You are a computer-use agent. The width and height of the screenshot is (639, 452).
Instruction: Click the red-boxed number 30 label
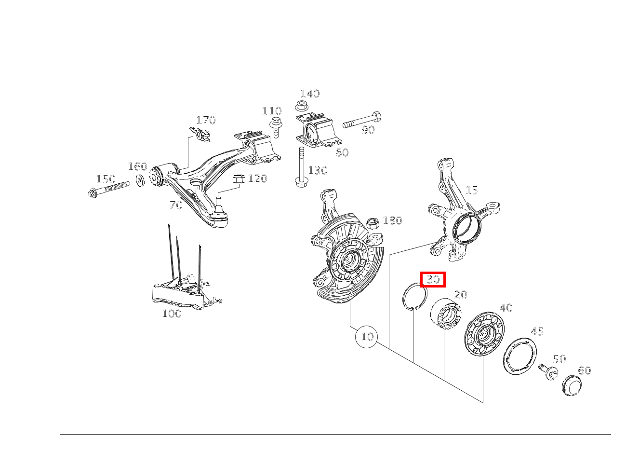[x=433, y=279]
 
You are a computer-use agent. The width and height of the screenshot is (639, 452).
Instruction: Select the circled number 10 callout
[x=367, y=337]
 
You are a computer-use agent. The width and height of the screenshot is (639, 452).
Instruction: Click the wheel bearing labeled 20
[x=446, y=314]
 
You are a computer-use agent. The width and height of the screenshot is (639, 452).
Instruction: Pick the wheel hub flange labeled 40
[x=484, y=334]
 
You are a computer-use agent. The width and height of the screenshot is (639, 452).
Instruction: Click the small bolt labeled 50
[x=548, y=371]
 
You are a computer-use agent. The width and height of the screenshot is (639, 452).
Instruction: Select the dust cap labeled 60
[x=572, y=386]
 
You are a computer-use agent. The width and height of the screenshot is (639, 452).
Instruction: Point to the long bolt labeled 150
[x=109, y=189]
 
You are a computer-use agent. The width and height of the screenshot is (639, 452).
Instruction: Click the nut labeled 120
[x=239, y=179]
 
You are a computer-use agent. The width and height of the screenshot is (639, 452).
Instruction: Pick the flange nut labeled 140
[x=302, y=106]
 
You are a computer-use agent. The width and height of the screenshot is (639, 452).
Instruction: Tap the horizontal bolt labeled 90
[x=362, y=120]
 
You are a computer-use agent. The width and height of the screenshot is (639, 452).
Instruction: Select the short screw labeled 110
[x=276, y=127]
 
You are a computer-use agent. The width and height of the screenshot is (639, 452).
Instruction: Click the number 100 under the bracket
[x=172, y=314]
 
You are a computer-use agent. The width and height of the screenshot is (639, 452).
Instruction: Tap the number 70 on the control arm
[x=176, y=205]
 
